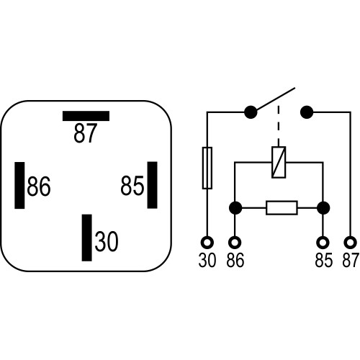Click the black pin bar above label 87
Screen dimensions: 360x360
pyautogui.click(x=86, y=116)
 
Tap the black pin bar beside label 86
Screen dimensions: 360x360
pyautogui.click(x=19, y=185)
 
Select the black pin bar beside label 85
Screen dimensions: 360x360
pyautogui.click(x=152, y=185)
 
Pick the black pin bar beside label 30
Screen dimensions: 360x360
pyautogui.click(x=86, y=238)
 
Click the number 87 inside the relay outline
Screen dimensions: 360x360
pyautogui.click(x=86, y=133)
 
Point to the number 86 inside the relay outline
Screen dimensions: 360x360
pyautogui.click(x=39, y=186)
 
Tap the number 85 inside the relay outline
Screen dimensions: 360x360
pyautogui.click(x=132, y=186)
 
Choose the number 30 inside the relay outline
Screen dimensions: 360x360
pyautogui.click(x=107, y=241)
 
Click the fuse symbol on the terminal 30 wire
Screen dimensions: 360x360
pyautogui.click(x=207, y=168)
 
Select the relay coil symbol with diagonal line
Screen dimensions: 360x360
pyautogui.click(x=279, y=162)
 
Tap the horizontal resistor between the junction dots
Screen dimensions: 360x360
pyautogui.click(x=282, y=208)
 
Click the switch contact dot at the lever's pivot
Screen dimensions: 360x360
pyautogui.click(x=251, y=112)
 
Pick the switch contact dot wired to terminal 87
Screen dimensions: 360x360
pyautogui.click(x=307, y=112)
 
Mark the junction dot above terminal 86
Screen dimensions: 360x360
pyautogui.click(x=235, y=208)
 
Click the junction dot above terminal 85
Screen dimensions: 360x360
pyautogui.click(x=323, y=208)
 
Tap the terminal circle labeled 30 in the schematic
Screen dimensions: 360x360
pyautogui.click(x=207, y=243)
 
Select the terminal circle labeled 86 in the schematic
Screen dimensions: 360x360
pyautogui.click(x=235, y=243)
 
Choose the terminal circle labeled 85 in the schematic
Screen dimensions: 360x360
pyautogui.click(x=323, y=243)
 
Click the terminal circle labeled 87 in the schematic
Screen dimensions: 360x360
pyautogui.click(x=350, y=243)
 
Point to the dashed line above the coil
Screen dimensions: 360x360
pyautogui.click(x=279, y=125)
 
